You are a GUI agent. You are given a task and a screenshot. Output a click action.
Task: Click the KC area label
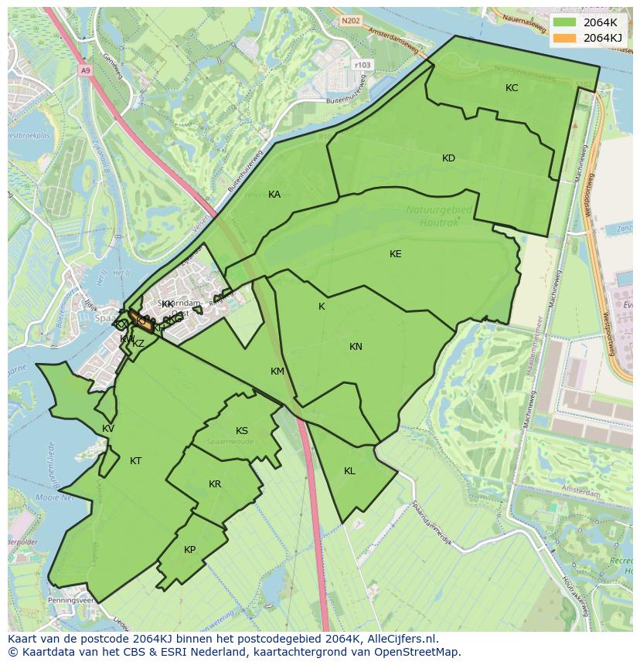click(512, 88)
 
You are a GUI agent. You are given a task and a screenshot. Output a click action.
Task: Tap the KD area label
click(448, 158)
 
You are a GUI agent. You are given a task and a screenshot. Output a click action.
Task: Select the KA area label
click(274, 195)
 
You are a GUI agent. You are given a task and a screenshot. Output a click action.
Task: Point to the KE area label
click(396, 254)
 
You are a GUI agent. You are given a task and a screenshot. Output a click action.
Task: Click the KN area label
click(356, 347)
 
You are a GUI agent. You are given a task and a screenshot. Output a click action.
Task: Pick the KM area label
click(277, 372)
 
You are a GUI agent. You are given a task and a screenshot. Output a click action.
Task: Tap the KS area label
click(242, 431)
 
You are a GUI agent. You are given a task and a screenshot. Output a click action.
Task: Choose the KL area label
click(349, 471)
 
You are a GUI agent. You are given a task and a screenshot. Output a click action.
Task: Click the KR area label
click(215, 484)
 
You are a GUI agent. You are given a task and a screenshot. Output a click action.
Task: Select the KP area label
click(190, 550)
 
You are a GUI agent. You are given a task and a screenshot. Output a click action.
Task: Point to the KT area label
click(136, 461)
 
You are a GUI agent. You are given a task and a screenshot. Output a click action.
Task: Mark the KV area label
click(108, 429)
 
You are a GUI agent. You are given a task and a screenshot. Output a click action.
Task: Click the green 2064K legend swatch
click(565, 22)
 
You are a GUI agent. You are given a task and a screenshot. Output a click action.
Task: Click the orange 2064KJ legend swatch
click(565, 37)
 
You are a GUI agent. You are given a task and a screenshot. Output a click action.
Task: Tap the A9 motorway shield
click(85, 70)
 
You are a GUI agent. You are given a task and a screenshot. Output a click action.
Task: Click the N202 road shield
click(351, 22)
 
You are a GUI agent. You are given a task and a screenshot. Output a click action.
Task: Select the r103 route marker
click(362, 65)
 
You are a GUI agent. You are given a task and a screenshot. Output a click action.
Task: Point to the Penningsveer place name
click(70, 599)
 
